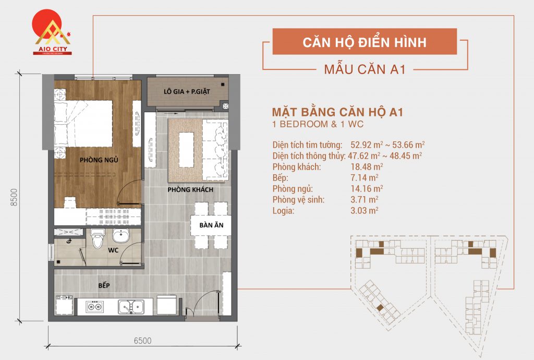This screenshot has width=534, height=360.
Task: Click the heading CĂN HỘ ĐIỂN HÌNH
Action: pyautogui.click(x=364, y=42)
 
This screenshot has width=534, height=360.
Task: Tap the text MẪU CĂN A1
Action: pyautogui.click(x=365, y=69)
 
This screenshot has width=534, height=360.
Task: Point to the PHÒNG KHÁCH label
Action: pyautogui.click(x=190, y=189)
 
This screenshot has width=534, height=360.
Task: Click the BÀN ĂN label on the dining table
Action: pyautogui.click(x=211, y=226)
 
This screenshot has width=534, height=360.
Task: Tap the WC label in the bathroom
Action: pyautogui.click(x=113, y=250)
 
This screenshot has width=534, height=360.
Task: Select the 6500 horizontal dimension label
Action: pyautogui.click(x=142, y=341)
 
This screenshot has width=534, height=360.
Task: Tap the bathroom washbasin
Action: pyautogui.click(x=121, y=236)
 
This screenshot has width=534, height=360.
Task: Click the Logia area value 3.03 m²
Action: pyautogui.click(x=365, y=210)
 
